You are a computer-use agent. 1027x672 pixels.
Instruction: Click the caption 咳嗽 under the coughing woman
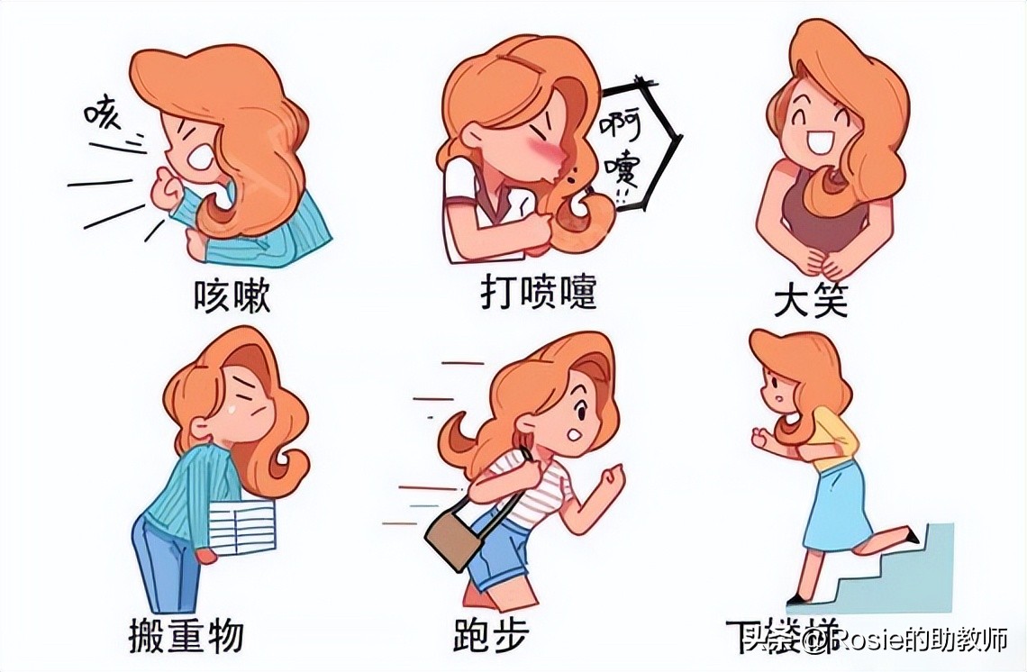pos(232,296)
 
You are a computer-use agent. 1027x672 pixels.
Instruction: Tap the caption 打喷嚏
pos(538,294)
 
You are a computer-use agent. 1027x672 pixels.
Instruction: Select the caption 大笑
pos(811,301)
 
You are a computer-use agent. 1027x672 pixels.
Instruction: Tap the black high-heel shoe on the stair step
pos(910,538)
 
